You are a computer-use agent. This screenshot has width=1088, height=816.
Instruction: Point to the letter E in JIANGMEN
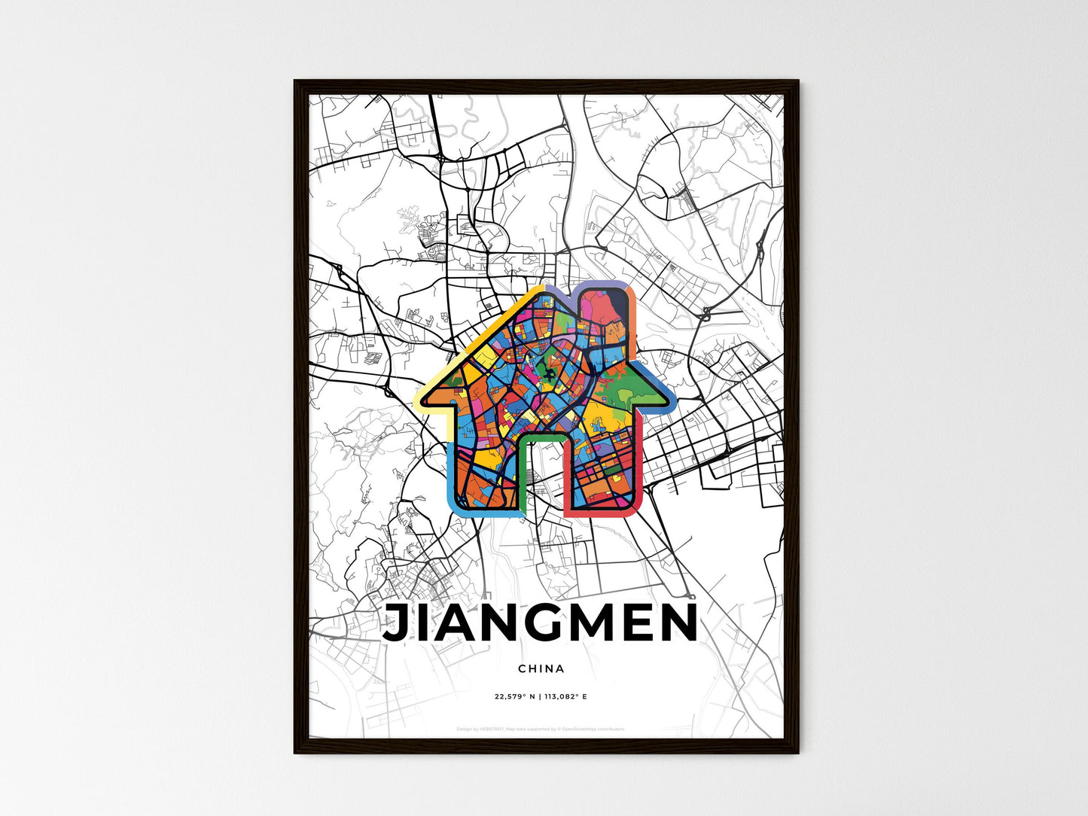[x=634, y=624]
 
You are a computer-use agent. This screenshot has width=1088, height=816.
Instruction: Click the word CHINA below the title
[x=541, y=668]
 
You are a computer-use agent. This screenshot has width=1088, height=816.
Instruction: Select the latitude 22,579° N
[x=514, y=696]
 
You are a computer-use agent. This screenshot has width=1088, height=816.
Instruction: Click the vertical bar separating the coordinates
[x=539, y=696]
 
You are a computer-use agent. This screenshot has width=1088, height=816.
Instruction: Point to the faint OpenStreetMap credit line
[x=541, y=729]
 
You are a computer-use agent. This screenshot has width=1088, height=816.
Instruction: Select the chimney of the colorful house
[x=605, y=316]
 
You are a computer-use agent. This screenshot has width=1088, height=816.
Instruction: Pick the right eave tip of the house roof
[x=663, y=400]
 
